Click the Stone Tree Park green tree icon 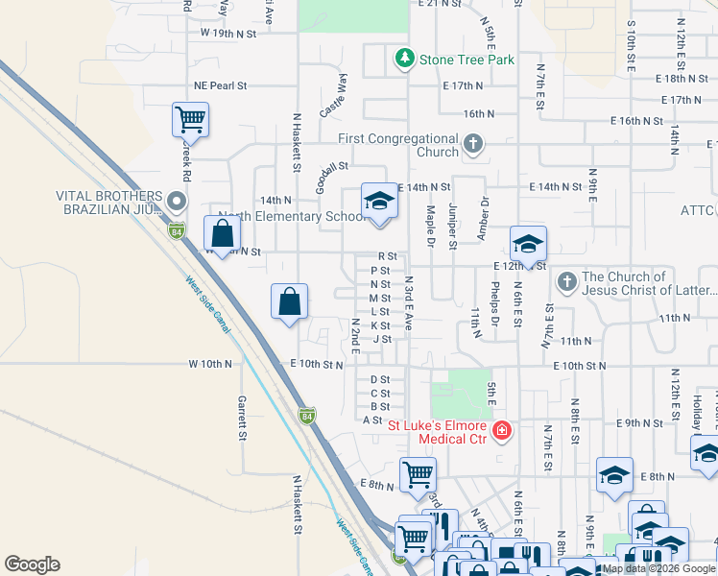point(405,60)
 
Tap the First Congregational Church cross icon point(472,145)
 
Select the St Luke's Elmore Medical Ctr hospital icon point(500,431)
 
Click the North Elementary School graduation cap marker point(379,202)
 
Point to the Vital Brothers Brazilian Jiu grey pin point(176,203)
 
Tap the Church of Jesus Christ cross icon point(566,282)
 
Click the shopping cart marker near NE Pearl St point(190,121)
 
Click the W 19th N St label point(229,33)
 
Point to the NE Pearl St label point(220,85)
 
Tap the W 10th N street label point(210,365)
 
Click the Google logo point(32,564)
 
